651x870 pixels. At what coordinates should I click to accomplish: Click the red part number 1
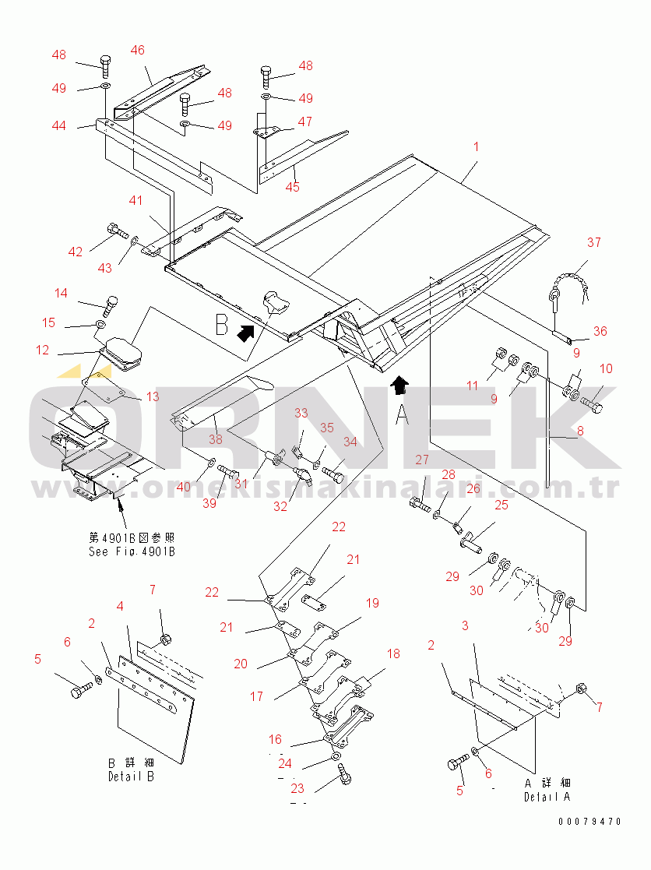coord(476,146)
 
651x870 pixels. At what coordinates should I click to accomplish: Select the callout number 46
coord(138,51)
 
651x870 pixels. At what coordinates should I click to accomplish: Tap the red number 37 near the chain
coord(594,242)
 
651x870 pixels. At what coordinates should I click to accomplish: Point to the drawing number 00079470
coord(590,821)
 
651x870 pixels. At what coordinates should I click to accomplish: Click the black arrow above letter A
coord(399,385)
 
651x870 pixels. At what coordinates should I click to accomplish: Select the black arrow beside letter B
coord(245,333)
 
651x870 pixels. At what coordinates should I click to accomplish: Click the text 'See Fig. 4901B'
coord(132,551)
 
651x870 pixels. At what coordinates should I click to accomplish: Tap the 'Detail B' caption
coord(131,777)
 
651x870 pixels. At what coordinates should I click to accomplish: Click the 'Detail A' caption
coord(547,797)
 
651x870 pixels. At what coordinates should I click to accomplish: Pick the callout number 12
coord(43,350)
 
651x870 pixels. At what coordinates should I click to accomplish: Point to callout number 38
coord(215,439)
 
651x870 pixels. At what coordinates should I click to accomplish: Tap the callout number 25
coord(501,505)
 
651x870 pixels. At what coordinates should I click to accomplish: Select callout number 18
coord(393,653)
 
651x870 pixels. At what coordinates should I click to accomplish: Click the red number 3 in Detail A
coord(465,626)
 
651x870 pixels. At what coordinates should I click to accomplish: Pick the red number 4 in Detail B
coord(120,607)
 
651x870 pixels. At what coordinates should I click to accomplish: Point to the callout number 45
coord(292,187)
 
